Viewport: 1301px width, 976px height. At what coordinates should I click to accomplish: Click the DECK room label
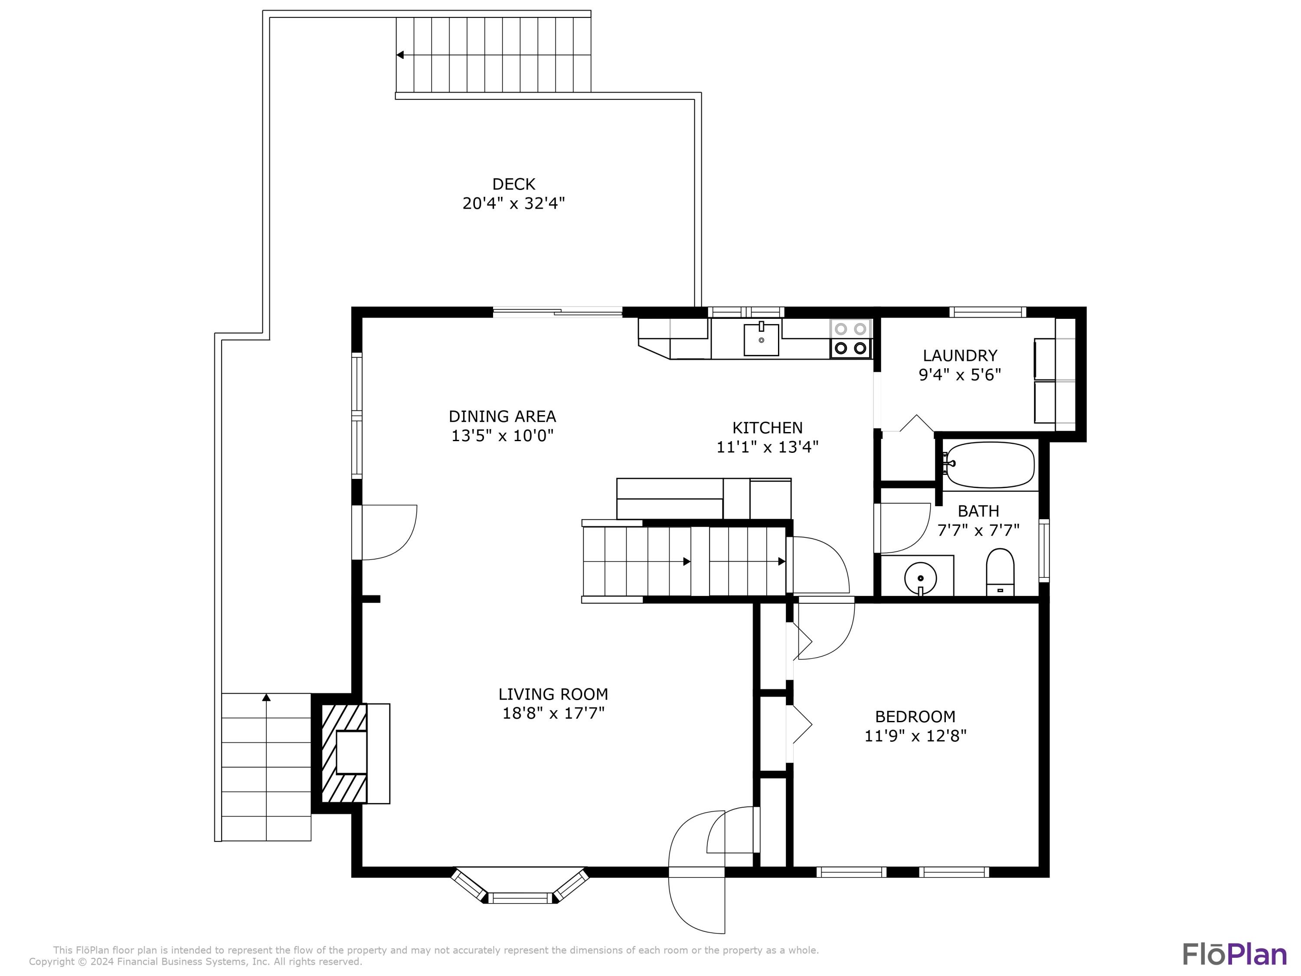click(513, 184)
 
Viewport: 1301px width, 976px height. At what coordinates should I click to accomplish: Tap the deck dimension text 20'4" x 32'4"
click(513, 203)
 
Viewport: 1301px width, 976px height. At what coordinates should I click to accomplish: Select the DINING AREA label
click(502, 416)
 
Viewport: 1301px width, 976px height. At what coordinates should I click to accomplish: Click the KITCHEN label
click(767, 428)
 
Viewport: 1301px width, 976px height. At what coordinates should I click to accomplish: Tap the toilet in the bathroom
click(1000, 572)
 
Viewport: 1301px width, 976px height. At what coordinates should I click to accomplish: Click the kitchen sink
click(761, 340)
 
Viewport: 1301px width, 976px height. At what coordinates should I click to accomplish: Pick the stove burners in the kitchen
click(850, 339)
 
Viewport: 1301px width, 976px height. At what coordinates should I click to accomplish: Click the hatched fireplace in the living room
click(344, 753)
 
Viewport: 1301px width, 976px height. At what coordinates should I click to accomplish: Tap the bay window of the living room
click(520, 885)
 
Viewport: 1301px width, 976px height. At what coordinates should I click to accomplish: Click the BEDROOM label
click(915, 717)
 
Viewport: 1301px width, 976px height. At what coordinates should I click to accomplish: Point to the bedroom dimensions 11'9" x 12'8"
click(915, 736)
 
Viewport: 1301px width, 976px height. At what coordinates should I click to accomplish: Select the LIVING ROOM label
click(553, 694)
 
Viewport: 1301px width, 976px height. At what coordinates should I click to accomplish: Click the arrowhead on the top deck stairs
click(400, 55)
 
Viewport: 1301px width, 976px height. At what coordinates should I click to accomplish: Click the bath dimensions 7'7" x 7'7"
click(978, 531)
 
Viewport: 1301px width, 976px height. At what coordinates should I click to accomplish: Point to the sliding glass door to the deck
click(558, 312)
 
